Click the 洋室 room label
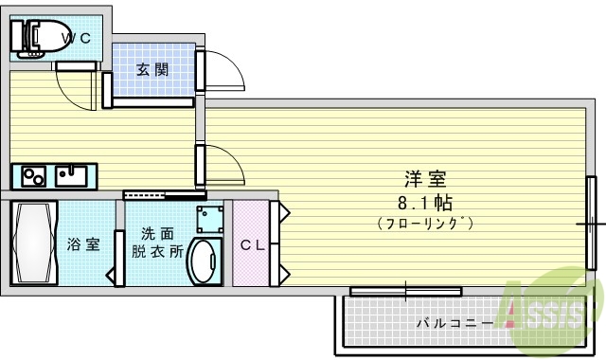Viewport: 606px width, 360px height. (425, 179)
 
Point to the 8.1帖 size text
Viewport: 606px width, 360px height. (425, 202)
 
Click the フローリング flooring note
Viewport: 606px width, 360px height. (425, 224)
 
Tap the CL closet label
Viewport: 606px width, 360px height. (251, 245)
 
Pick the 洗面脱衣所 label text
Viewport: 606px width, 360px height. (157, 243)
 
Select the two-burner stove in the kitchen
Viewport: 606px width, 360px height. (33, 176)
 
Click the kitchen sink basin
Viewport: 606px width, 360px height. (72, 175)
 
